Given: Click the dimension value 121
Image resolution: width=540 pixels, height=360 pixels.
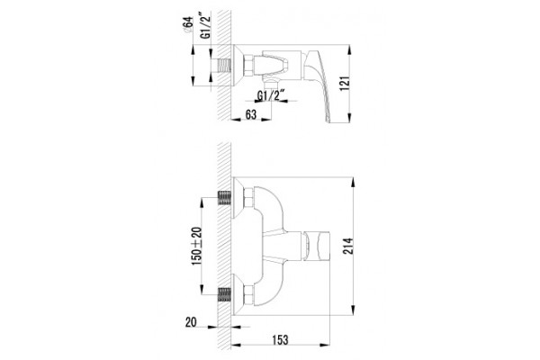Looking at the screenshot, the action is pyautogui.click(x=346, y=83).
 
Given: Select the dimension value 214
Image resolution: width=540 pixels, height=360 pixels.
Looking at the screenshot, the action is pyautogui.click(x=348, y=246).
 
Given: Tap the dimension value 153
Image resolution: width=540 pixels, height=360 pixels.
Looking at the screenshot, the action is pyautogui.click(x=280, y=339).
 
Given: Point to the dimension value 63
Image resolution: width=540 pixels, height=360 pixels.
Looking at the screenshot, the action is pyautogui.click(x=251, y=114).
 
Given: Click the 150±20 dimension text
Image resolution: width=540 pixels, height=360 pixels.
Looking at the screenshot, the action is pyautogui.click(x=196, y=246).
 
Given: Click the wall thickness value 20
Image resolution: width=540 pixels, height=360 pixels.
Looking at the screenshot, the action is pyautogui.click(x=191, y=322).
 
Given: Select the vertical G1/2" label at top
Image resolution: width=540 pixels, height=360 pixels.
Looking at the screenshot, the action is pyautogui.click(x=205, y=25).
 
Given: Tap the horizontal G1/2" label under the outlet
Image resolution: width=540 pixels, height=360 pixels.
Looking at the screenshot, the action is pyautogui.click(x=272, y=95).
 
